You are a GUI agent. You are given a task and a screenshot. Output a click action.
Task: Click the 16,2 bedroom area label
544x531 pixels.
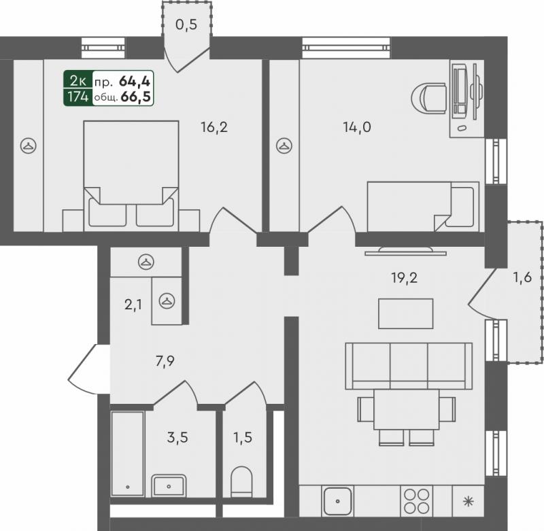click(x=214, y=128)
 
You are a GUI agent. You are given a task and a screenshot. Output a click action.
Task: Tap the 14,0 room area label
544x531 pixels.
click(x=357, y=128)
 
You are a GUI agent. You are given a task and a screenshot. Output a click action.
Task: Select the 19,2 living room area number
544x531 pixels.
click(x=404, y=278)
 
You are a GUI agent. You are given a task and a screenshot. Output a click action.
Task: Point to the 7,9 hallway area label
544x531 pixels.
click(x=165, y=362)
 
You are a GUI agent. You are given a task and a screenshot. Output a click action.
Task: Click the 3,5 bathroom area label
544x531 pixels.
click(x=177, y=437)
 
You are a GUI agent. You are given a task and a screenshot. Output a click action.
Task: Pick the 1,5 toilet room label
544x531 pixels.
click(x=243, y=437)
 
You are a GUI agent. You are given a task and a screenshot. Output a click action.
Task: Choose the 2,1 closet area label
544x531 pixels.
click(x=133, y=305)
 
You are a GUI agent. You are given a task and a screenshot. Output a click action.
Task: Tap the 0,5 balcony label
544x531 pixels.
click(x=186, y=25)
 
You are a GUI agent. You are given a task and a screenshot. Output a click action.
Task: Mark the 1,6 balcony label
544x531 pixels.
click(x=522, y=277)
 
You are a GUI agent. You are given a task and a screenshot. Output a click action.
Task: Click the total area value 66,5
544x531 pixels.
click(x=135, y=97)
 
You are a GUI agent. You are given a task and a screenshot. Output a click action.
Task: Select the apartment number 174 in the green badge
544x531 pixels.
click(x=78, y=97)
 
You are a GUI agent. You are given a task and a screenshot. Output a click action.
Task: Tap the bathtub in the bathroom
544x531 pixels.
click(x=128, y=453)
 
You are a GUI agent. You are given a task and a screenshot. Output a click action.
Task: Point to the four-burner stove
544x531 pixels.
click(x=417, y=501)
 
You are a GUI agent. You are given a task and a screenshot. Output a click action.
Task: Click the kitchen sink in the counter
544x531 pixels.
click(x=337, y=501)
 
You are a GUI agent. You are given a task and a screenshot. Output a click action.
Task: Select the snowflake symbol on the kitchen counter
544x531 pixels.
click(x=469, y=502)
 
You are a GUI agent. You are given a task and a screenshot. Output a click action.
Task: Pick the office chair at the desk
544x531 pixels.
click(x=428, y=98)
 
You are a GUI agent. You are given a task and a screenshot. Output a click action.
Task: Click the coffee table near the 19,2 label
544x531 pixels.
click(x=405, y=313)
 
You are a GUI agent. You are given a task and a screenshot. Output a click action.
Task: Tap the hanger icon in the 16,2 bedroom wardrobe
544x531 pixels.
click(x=29, y=145)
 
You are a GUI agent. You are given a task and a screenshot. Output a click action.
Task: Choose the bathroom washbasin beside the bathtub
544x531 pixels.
click(x=169, y=486)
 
